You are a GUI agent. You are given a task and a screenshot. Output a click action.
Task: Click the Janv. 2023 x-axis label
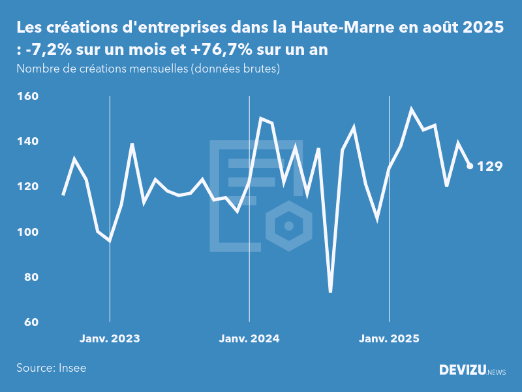[110, 339]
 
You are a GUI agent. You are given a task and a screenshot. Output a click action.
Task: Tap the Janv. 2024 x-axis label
[249, 339]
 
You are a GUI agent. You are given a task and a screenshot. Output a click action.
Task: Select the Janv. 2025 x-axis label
[389, 339]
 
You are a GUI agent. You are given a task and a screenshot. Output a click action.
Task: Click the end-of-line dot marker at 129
[470, 166]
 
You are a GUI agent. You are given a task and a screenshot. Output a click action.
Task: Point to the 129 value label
[490, 167]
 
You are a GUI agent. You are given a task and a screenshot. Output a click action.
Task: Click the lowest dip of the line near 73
[331, 291]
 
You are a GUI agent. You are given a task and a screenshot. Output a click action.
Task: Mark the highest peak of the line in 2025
[412, 110]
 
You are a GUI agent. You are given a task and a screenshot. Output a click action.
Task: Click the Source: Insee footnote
[52, 368]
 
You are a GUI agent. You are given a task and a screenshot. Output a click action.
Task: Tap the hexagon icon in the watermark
[289, 226]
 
